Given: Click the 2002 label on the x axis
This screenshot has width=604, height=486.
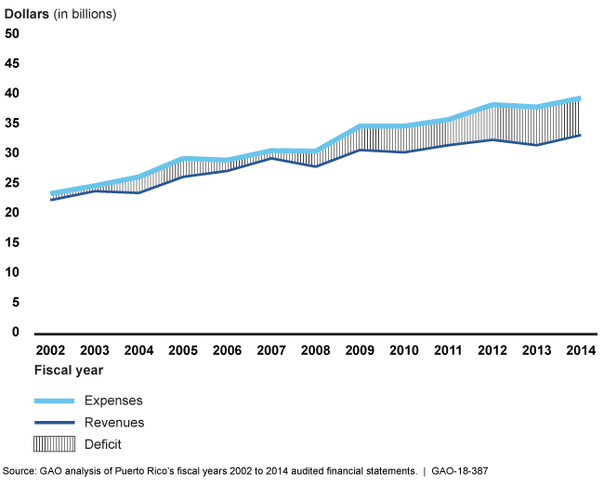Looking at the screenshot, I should pos(49,350).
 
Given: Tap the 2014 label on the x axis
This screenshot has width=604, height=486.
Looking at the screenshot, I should pos(581,350).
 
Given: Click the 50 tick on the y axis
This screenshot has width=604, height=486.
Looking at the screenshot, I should pos(12,34).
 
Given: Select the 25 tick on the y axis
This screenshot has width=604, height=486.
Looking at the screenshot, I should pos(12,183).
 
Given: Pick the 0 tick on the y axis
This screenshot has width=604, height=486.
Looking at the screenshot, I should pos(15,332).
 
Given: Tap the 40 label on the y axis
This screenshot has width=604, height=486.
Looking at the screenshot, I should pos(12,94).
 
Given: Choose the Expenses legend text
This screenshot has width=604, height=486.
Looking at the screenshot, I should pos(114,400).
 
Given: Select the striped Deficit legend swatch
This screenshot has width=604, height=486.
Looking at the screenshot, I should pos(54,444).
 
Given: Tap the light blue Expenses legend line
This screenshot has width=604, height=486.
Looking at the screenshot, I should pos(54,400).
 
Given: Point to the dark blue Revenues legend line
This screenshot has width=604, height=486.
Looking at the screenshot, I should pos(54,422).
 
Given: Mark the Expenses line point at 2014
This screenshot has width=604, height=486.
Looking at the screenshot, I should pos(581,99).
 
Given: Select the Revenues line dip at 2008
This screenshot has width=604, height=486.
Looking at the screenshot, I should pos(317,166).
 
